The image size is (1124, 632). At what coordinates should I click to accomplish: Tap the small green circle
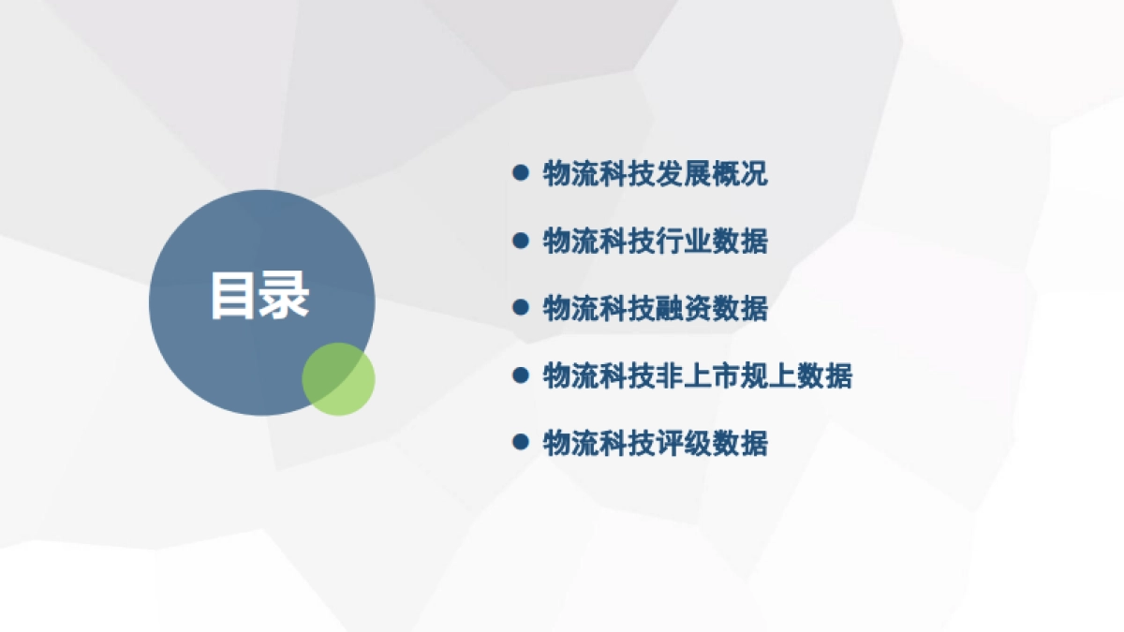pos(338,378)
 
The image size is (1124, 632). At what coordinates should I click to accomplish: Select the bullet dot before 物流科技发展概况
pos(521,172)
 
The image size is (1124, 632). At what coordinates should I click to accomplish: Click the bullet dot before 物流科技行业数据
pos(521,241)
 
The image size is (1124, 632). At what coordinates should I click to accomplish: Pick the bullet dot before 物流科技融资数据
pos(521,307)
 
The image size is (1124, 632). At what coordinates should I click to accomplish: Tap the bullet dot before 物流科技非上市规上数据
pos(521,375)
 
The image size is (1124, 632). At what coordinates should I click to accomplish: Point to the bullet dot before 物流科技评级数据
pos(521,442)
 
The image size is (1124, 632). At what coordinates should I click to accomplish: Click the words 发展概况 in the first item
pos(711,173)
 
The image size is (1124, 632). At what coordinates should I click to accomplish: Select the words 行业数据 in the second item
pos(711,241)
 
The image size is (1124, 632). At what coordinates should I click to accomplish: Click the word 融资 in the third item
pos(683,308)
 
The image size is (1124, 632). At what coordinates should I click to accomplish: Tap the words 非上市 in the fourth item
pos(697,376)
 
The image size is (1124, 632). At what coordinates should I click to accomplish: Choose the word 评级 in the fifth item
pos(683,443)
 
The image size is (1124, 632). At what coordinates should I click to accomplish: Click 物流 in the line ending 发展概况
pos(570,173)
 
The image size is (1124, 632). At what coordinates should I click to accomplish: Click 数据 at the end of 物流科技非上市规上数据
pos(824,376)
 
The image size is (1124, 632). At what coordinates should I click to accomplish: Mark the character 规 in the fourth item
pos(754,376)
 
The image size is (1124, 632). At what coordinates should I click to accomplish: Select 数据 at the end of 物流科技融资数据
pos(740,308)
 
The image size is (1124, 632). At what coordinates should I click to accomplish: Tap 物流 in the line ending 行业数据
pos(570,241)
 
